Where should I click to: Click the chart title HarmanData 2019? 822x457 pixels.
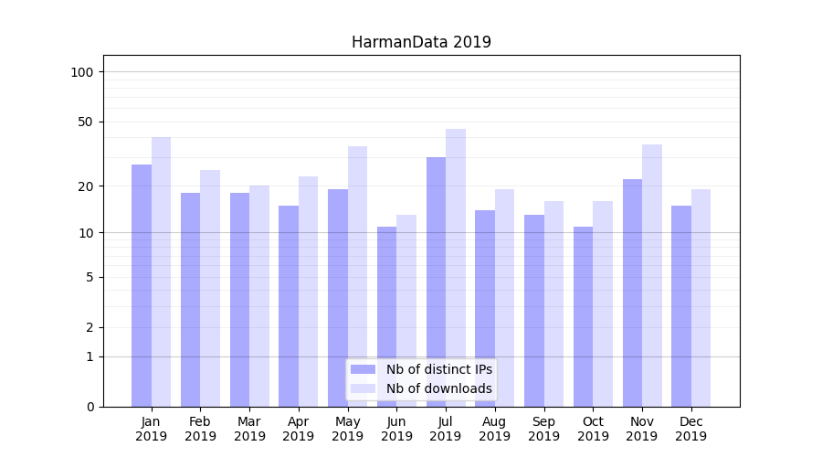tap(421, 43)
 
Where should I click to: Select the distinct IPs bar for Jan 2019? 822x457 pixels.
tap(142, 285)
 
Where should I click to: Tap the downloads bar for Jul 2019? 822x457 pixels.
tap(456, 268)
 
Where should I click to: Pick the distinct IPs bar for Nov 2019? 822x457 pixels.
tap(633, 292)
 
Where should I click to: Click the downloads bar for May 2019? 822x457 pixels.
tap(357, 276)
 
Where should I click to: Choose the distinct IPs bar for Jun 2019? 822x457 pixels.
tap(387, 316)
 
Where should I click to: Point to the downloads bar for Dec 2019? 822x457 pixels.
tap(701, 298)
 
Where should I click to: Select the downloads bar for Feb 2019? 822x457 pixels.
tap(210, 288)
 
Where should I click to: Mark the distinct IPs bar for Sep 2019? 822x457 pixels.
tap(534, 311)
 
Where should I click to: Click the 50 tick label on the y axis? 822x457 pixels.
tap(85, 122)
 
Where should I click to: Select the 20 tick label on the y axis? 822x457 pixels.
tap(85, 186)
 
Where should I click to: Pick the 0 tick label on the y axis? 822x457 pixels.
tap(90, 407)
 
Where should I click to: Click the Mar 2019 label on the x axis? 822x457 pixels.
tap(249, 429)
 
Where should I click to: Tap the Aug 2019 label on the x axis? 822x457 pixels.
tap(495, 429)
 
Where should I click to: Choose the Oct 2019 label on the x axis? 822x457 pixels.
tap(593, 429)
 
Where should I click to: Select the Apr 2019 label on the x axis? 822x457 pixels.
tap(299, 429)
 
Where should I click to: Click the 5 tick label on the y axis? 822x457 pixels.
tap(90, 277)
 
